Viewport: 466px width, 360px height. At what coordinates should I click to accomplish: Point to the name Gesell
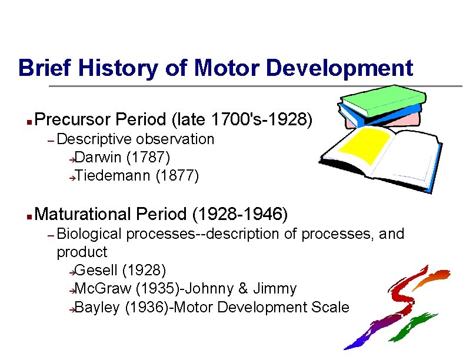[x=96, y=271]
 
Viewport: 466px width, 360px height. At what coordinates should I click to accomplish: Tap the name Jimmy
[x=275, y=289]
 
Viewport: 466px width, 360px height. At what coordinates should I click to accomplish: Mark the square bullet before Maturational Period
[x=29, y=216]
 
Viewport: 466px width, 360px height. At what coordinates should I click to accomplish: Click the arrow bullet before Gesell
[x=71, y=272]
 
